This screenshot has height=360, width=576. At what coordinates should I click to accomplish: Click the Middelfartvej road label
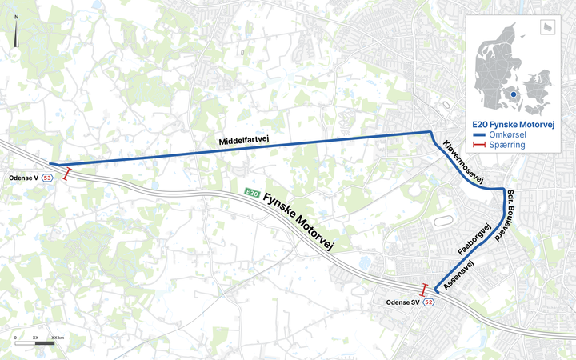[x=245, y=142]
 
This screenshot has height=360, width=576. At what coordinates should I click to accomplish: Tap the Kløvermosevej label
[x=463, y=163]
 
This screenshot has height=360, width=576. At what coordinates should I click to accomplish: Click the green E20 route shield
[x=251, y=192]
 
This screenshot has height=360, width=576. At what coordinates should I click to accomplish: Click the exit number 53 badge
[x=48, y=178]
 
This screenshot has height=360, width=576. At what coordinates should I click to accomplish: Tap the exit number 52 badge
[x=429, y=302]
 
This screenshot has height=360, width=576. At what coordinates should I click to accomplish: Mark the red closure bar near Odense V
[x=68, y=174]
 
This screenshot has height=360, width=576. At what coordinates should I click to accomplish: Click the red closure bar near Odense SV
[x=424, y=289]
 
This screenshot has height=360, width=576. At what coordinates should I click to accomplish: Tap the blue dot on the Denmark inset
[x=513, y=94]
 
